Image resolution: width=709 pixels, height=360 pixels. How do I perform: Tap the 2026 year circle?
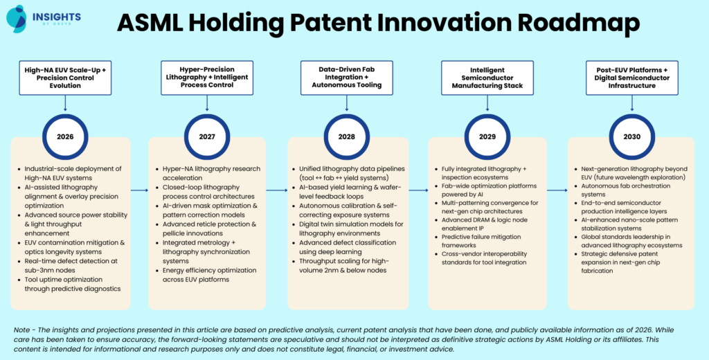click(x=66, y=136)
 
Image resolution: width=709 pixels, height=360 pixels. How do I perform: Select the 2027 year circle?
click(x=207, y=136)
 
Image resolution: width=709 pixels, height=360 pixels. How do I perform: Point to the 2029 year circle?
click(x=488, y=136)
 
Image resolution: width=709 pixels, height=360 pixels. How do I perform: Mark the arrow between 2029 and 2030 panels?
click(x=558, y=190)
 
